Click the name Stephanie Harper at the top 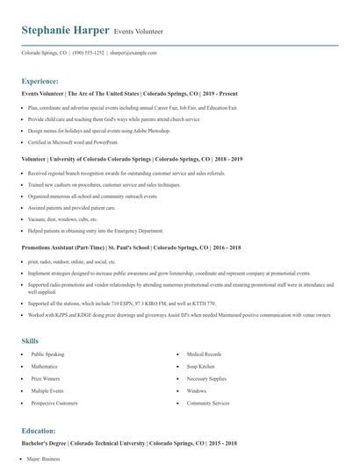click(x=66, y=31)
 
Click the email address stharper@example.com click(x=133, y=53)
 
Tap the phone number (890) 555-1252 click(x=88, y=53)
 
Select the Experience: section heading click(x=40, y=80)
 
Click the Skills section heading click(x=30, y=340)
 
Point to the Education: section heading click(x=39, y=431)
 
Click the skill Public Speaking click(x=49, y=354)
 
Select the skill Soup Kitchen click(x=200, y=366)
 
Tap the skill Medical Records click(x=204, y=354)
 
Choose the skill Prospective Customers click(x=55, y=404)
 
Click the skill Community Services click(x=208, y=404)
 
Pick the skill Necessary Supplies click(x=207, y=379)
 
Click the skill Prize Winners click(x=46, y=379)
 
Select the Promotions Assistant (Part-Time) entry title click(x=131, y=248)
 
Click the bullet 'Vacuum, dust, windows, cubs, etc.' click(x=63, y=219)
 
